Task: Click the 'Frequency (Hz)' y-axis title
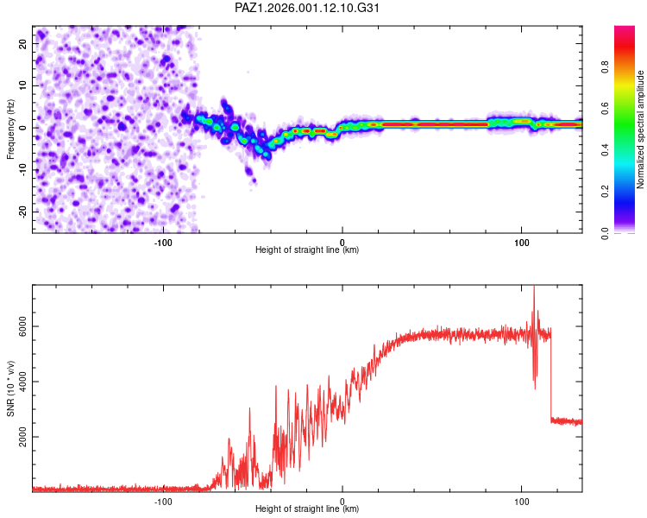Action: pos(10,129)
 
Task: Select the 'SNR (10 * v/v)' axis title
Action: pos(10,388)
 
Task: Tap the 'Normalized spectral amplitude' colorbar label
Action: pos(641,129)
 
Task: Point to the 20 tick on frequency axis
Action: pos(23,43)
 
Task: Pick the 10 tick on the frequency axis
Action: pos(23,85)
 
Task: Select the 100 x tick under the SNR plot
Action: pos(522,501)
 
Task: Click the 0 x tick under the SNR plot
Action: pos(342,501)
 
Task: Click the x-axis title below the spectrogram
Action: pos(307,250)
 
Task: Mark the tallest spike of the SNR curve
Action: pos(533,288)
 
